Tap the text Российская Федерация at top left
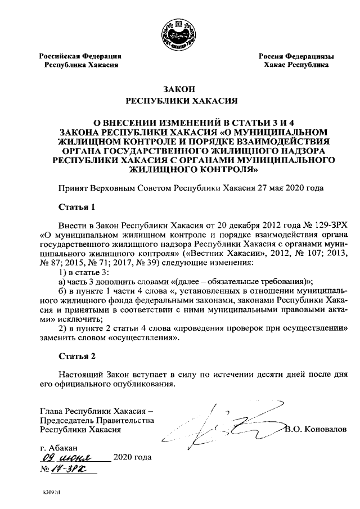[x=80, y=56]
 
